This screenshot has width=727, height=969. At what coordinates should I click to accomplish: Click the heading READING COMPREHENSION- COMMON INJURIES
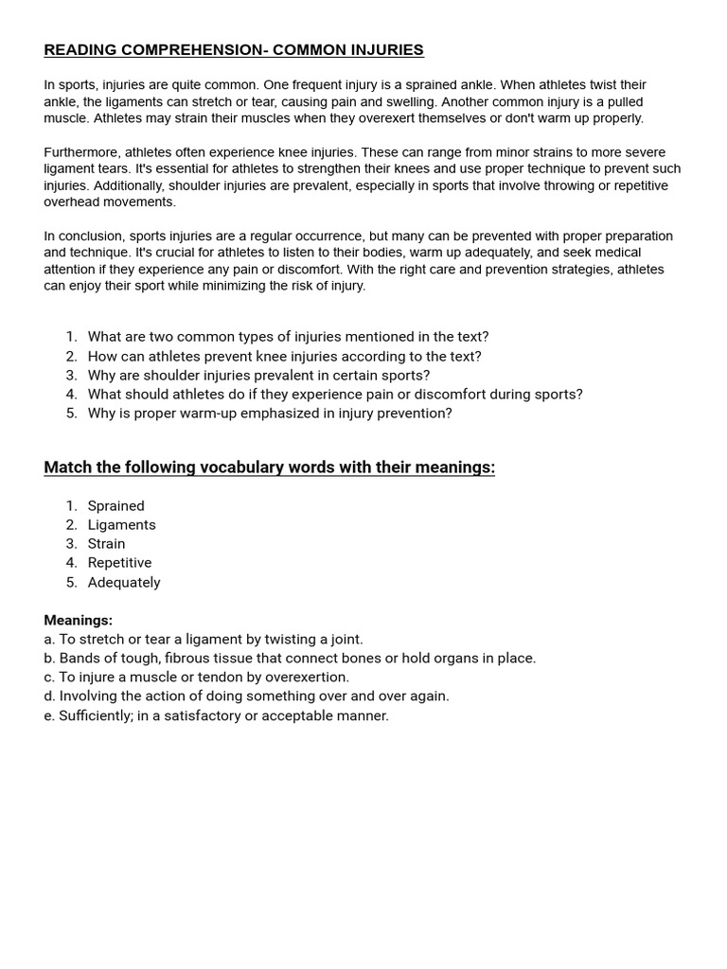(x=234, y=50)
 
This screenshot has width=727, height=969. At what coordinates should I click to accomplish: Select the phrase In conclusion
(x=82, y=236)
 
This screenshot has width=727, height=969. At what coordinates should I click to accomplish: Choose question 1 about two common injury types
(x=288, y=337)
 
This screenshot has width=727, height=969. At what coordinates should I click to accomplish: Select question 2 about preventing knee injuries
(x=284, y=357)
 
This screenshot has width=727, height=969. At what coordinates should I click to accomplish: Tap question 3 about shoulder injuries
(x=258, y=376)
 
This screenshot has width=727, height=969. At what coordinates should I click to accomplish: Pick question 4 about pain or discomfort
(x=335, y=395)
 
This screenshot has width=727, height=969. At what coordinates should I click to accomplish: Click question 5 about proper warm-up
(x=270, y=414)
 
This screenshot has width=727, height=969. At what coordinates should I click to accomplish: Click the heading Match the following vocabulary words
(x=269, y=467)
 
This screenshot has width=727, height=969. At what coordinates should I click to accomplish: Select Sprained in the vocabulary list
(x=116, y=506)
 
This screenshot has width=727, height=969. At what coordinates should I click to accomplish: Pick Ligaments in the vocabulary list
(x=122, y=525)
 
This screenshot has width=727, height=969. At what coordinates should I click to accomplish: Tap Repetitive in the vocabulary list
(x=119, y=563)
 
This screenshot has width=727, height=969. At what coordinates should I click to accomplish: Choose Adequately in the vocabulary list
(x=124, y=583)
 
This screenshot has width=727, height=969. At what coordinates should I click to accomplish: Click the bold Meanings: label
(x=78, y=621)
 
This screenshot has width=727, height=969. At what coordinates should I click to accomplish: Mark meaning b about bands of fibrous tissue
(x=290, y=659)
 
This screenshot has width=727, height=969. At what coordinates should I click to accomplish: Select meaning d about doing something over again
(x=246, y=696)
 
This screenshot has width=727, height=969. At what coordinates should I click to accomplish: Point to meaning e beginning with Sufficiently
(x=216, y=716)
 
